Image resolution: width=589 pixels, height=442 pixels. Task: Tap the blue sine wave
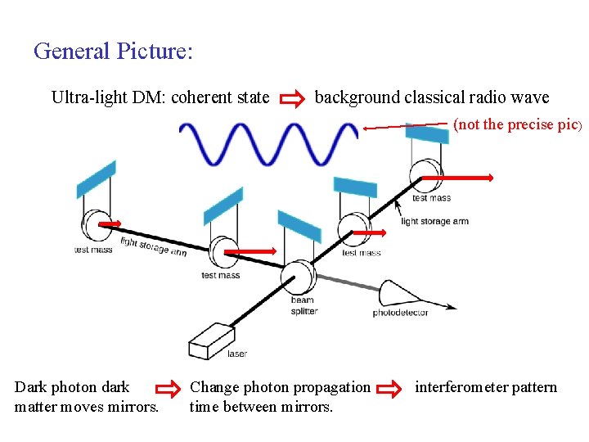pyautogui.click(x=268, y=143)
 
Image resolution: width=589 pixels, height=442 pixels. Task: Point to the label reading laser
pyautogui.click(x=237, y=354)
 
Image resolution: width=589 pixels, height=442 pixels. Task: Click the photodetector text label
pyautogui.click(x=401, y=313)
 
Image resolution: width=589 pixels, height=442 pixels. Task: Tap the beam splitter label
pyautogui.click(x=303, y=305)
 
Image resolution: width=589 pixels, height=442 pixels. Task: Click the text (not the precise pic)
pyautogui.click(x=517, y=125)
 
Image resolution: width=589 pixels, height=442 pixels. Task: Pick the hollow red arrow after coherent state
pyautogui.click(x=291, y=99)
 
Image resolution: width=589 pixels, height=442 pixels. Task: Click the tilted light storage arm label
pyautogui.click(x=154, y=246)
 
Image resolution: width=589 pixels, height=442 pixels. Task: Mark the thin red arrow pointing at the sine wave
pyautogui.click(x=406, y=126)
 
